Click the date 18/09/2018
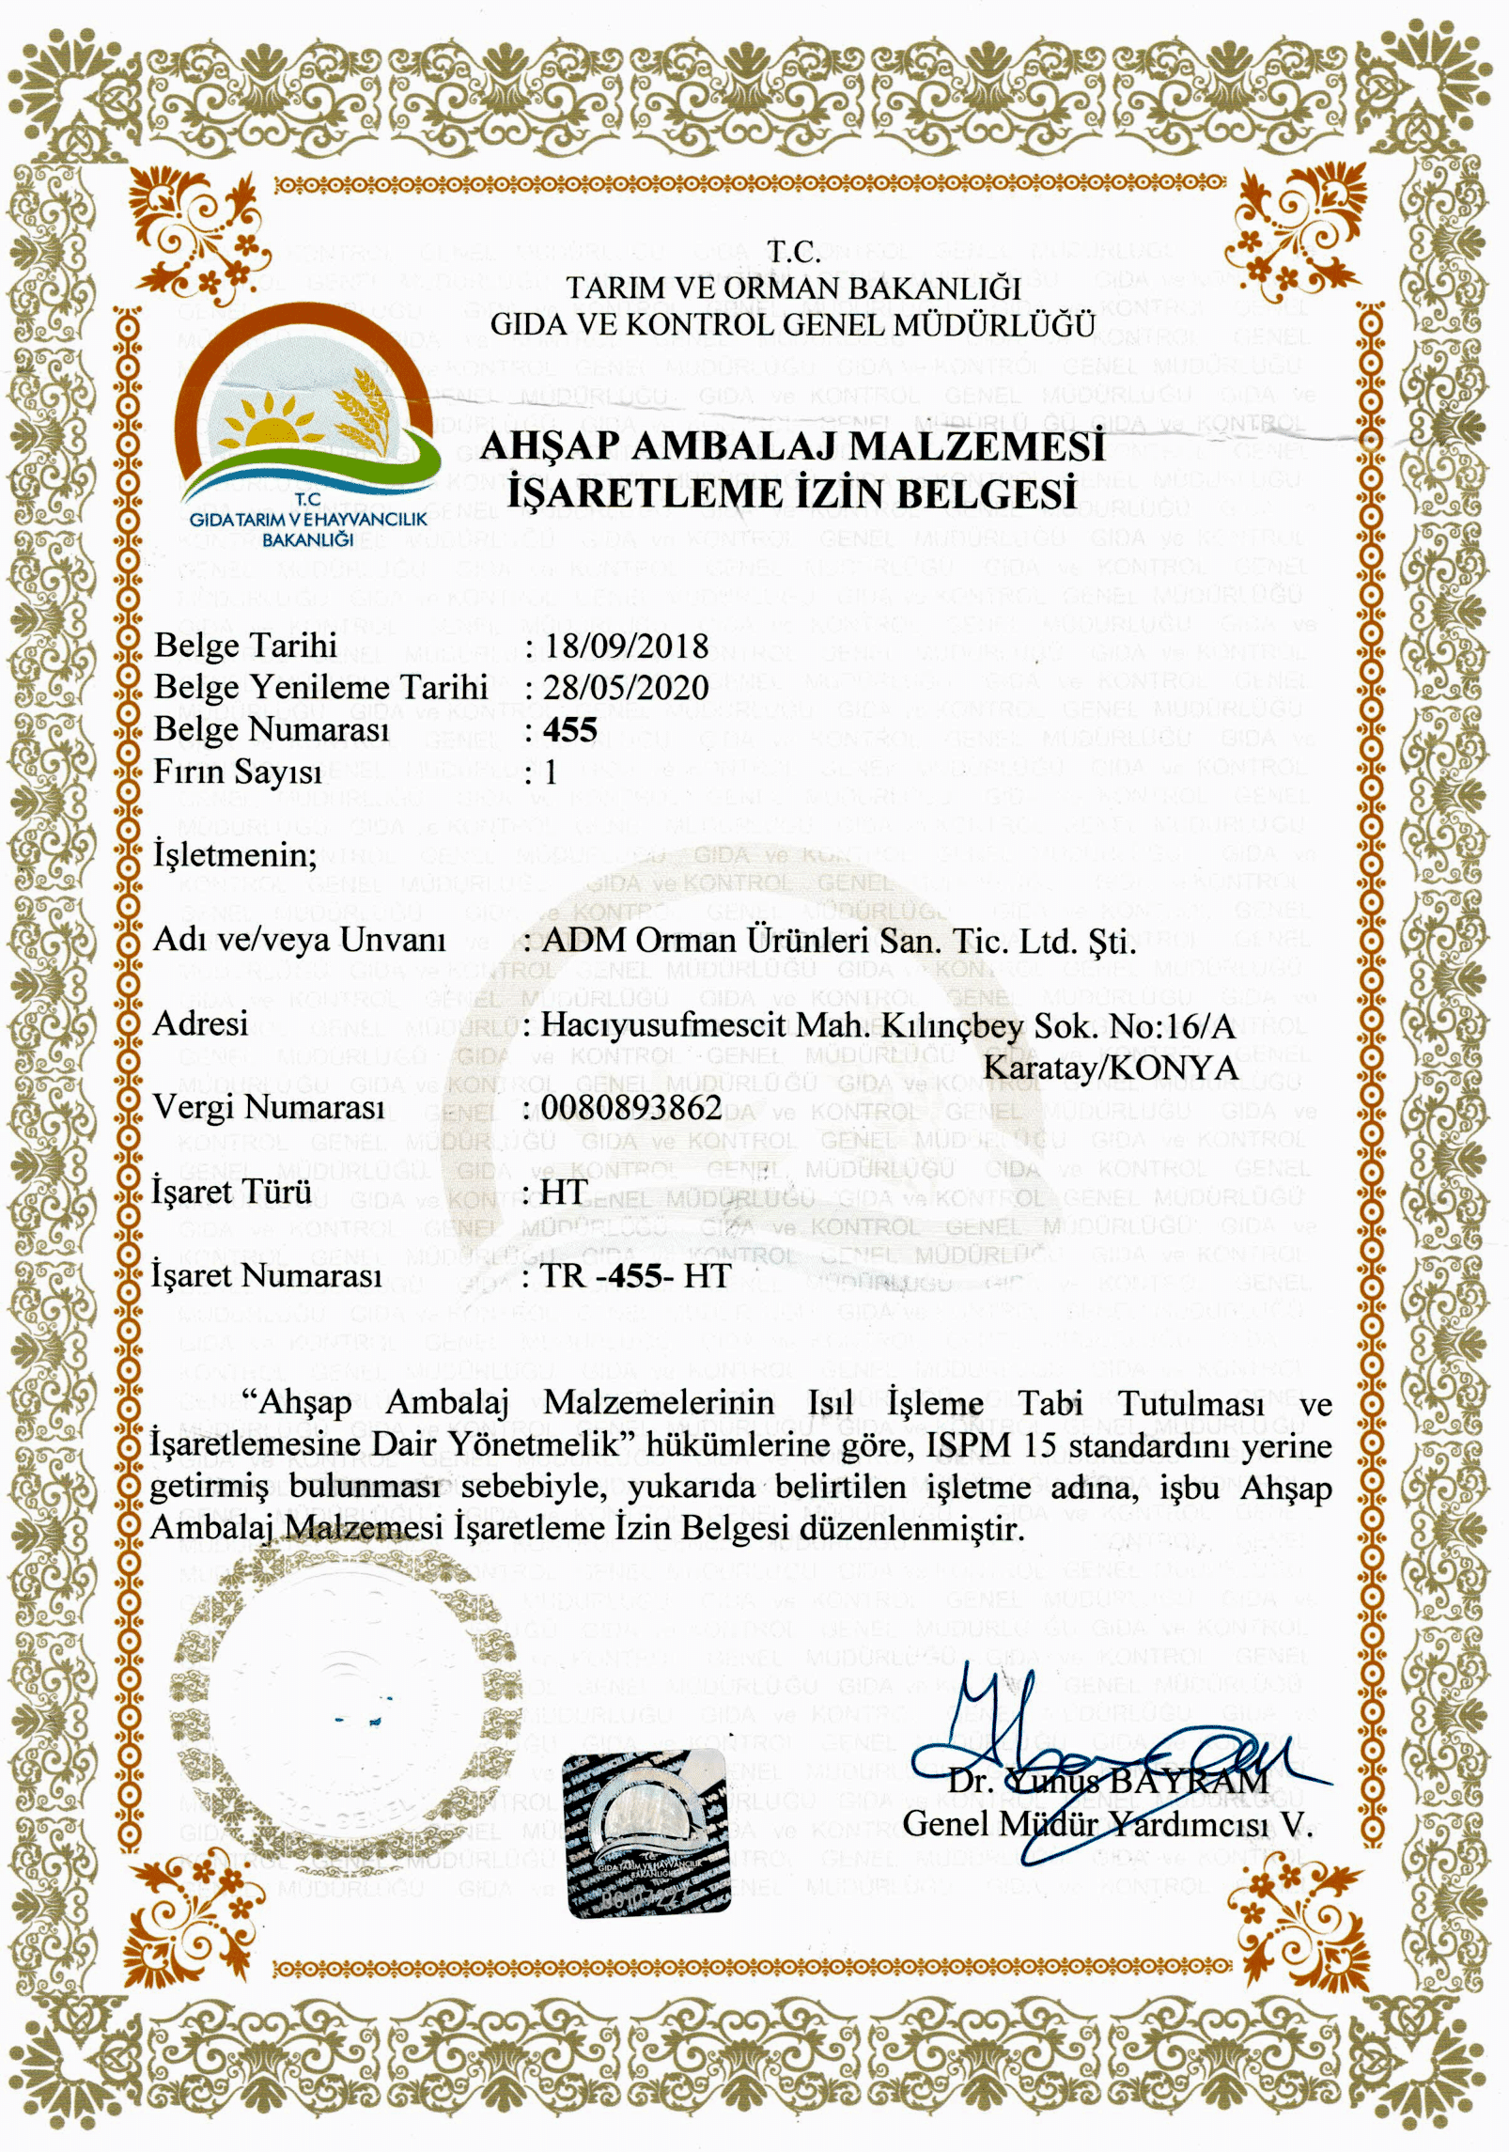626,646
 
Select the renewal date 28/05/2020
626,687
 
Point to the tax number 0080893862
631,1108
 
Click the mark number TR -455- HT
636,1275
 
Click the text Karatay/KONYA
1111,1068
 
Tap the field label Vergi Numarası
269,1107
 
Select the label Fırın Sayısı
238,772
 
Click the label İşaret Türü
231,1192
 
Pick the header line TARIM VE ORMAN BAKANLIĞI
792,288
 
